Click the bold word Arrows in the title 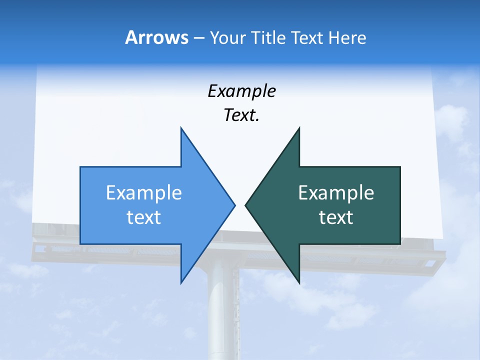point(156,37)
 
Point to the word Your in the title point(226,37)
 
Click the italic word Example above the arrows point(241,91)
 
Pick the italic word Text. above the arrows point(241,115)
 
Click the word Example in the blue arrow point(144,192)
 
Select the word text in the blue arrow point(144,217)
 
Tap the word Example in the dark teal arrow point(336,192)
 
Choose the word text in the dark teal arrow point(336,217)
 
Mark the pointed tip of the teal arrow point(246,205)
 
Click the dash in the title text point(198,38)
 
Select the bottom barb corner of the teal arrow point(299,281)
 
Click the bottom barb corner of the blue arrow point(181,281)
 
